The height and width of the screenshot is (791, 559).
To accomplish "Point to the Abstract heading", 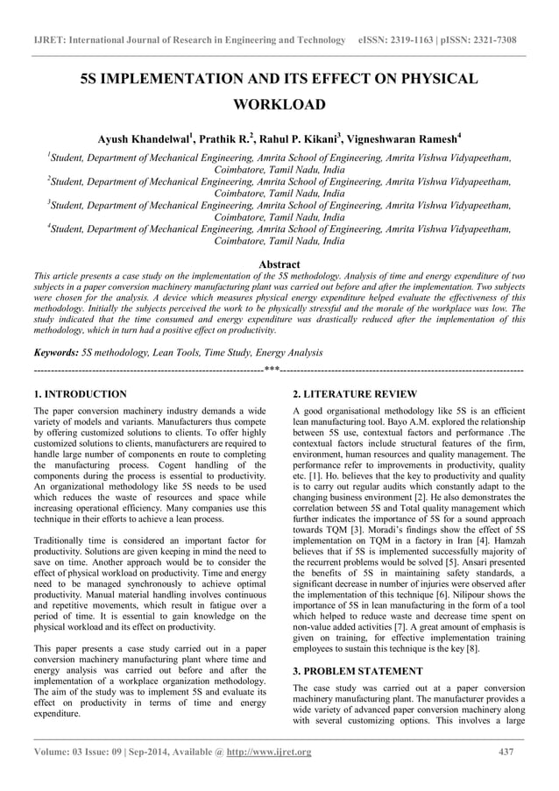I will (x=279, y=264).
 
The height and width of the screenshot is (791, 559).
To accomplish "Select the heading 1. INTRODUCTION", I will (x=79, y=394).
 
